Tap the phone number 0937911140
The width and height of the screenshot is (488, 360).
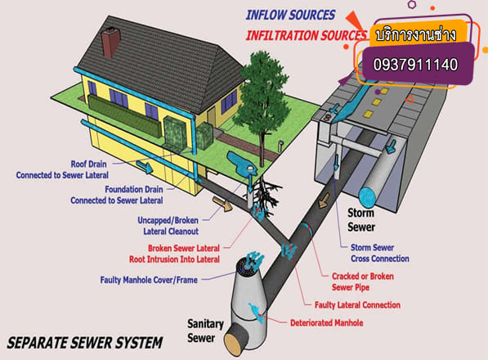[x=415, y=65]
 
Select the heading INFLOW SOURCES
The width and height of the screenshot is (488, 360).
[x=290, y=15]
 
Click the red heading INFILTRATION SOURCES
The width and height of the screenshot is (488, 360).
[x=307, y=35]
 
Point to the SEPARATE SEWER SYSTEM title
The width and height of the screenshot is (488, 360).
[x=85, y=343]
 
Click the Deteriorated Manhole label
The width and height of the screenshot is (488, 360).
[x=326, y=323]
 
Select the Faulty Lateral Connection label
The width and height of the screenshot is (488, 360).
[x=357, y=305]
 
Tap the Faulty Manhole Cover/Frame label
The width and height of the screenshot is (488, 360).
[x=149, y=280]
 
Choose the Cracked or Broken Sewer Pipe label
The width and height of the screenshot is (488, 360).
[x=363, y=281]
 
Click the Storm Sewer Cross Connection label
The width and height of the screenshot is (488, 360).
[x=380, y=253]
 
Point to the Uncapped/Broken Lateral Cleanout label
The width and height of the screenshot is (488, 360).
[x=168, y=226]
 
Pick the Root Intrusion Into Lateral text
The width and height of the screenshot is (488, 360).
[x=174, y=259]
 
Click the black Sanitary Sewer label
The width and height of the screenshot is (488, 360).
[x=205, y=331]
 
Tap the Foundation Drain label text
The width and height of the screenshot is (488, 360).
[x=134, y=189]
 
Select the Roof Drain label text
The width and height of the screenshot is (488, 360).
[x=89, y=164]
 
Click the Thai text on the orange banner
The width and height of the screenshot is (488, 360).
[x=416, y=34]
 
